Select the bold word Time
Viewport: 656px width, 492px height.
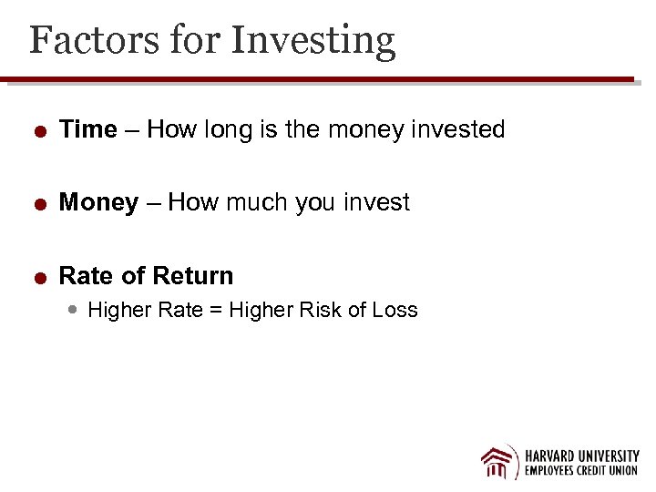click(87, 129)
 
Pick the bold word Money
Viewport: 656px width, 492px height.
click(98, 202)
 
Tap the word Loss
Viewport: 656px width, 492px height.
click(395, 310)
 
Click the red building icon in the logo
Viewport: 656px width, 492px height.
click(499, 462)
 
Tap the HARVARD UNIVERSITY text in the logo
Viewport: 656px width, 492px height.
click(581, 456)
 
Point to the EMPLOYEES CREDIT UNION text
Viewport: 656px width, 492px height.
click(581, 472)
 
